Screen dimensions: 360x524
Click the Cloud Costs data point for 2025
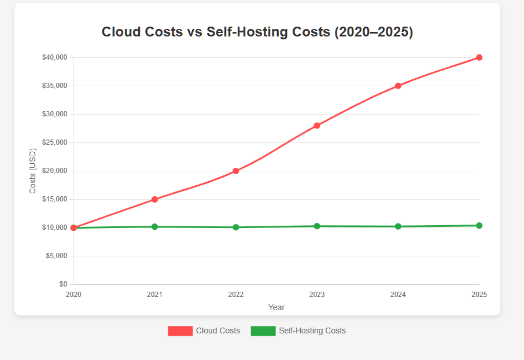(x=479, y=57)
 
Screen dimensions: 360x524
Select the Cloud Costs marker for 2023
(x=317, y=126)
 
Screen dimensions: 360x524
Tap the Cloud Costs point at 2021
(x=154, y=199)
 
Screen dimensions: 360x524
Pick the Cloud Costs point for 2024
(x=398, y=86)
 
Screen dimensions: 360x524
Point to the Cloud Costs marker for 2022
(x=236, y=171)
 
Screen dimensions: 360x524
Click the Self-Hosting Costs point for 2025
(x=479, y=226)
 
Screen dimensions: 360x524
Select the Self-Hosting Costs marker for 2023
(x=317, y=226)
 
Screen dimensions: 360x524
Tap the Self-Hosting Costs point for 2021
(x=154, y=227)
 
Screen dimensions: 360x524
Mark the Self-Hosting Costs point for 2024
(x=398, y=226)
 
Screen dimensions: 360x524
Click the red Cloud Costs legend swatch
(x=180, y=331)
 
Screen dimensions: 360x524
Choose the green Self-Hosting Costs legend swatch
(x=263, y=331)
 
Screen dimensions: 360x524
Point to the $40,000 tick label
(x=54, y=57)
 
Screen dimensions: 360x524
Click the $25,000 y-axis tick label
(x=54, y=142)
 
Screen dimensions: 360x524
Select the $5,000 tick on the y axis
(x=57, y=256)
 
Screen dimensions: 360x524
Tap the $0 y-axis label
(x=62, y=284)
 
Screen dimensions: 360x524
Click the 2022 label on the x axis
(x=236, y=295)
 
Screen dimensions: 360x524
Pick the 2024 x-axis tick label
(x=398, y=295)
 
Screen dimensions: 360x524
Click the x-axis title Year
(x=276, y=307)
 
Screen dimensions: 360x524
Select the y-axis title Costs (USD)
(x=33, y=171)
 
